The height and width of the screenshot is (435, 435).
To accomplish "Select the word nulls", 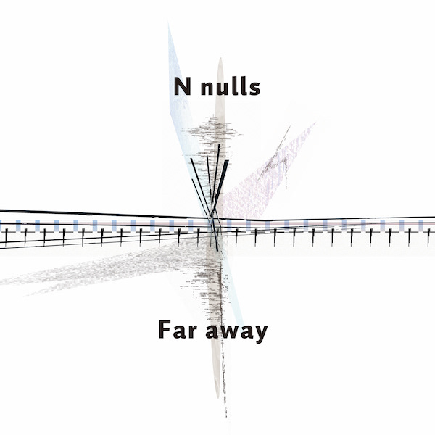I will click(230, 88).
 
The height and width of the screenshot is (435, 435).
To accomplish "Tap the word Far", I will click(177, 331).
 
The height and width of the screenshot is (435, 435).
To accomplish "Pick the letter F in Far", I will click(165, 331).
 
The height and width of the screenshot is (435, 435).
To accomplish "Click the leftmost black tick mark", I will click(6, 236).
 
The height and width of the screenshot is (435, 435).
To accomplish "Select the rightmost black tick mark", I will click(428, 236).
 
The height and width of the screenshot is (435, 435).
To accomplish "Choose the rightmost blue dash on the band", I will click(420, 225).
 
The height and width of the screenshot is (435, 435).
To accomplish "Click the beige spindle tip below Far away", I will click(216, 388).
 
